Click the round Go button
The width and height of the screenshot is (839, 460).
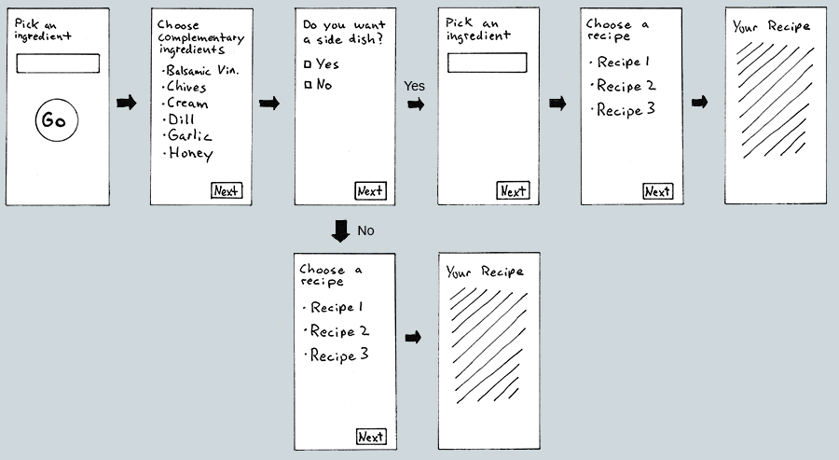(56, 121)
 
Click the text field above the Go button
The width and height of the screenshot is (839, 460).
(58, 64)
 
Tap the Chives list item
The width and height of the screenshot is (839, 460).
(186, 87)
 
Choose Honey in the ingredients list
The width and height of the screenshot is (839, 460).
(189, 154)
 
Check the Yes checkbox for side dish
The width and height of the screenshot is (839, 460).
(309, 65)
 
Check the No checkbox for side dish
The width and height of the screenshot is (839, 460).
(309, 86)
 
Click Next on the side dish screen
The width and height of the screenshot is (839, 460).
(370, 191)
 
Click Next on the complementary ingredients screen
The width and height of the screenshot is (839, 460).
(227, 191)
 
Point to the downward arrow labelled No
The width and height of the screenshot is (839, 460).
(341, 230)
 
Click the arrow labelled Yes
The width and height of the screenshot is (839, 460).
(416, 104)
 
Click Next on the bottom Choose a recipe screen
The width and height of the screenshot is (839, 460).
(371, 437)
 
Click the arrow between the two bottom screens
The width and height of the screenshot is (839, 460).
(413, 337)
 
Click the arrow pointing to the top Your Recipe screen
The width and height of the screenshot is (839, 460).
(699, 102)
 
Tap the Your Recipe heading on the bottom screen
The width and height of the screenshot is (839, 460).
(485, 272)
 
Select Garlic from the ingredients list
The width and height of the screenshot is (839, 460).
(189, 137)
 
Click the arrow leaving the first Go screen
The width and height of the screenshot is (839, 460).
(126, 102)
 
